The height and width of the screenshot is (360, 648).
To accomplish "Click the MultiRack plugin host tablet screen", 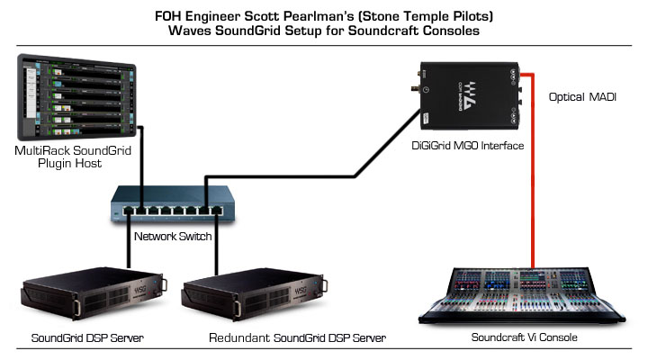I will (76, 95).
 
